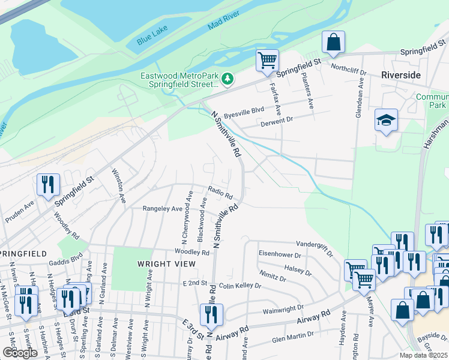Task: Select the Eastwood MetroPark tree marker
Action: [x=228, y=79]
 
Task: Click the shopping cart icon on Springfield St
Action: [x=267, y=60]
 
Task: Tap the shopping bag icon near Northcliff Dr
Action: [x=334, y=42]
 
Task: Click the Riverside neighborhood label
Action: [x=401, y=75]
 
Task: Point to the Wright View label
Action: [x=161, y=263]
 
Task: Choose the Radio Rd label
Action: [x=220, y=191]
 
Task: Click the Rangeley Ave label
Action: [x=162, y=209]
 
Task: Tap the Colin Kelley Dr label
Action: [x=240, y=286]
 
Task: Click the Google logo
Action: [x=20, y=352]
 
